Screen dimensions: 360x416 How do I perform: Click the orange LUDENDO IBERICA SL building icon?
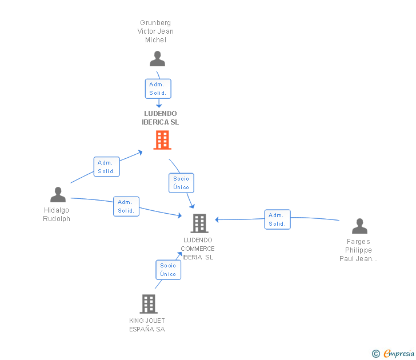[x=162, y=140]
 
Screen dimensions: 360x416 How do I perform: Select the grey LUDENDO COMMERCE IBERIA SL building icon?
[x=199, y=223]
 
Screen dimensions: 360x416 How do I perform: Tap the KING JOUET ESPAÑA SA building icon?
[x=149, y=303]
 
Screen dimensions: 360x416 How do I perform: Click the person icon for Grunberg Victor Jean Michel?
[x=157, y=59]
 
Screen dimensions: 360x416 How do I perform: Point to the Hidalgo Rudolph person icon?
[x=58, y=195]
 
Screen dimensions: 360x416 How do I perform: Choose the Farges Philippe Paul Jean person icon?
[x=359, y=226]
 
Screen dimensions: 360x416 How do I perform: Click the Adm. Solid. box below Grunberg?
[x=158, y=89]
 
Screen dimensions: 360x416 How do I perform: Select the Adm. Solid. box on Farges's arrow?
[x=277, y=219]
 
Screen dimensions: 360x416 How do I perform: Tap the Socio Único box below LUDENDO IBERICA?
[x=181, y=183]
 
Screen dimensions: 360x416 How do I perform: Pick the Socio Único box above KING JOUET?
[x=169, y=270]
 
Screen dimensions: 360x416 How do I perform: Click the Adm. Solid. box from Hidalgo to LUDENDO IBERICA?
[x=106, y=167]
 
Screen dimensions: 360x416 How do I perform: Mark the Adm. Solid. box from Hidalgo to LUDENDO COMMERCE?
[x=126, y=206]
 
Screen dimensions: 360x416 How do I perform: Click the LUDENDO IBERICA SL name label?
[x=161, y=118]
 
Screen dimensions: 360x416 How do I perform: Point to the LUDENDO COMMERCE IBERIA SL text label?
[x=198, y=249]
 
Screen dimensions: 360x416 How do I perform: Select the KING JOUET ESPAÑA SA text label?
[x=147, y=325]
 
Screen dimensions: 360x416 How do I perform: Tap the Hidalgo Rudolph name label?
[x=57, y=214]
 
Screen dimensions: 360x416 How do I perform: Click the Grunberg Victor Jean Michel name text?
[x=157, y=31]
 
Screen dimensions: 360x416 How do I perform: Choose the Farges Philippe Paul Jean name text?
[x=359, y=250]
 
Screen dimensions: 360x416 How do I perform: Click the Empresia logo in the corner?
[x=393, y=353]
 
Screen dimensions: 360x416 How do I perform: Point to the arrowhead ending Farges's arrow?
[x=217, y=219]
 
